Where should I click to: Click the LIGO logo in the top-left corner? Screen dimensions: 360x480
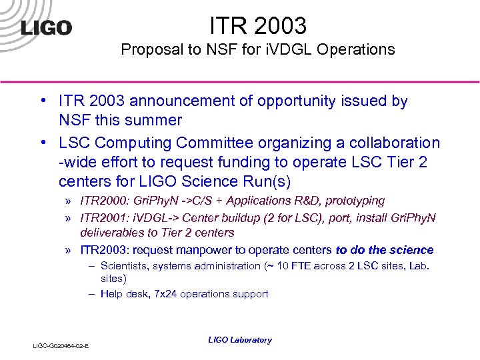46,28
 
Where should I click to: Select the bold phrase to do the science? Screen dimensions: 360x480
384,251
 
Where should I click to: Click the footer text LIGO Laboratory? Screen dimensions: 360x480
240,340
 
